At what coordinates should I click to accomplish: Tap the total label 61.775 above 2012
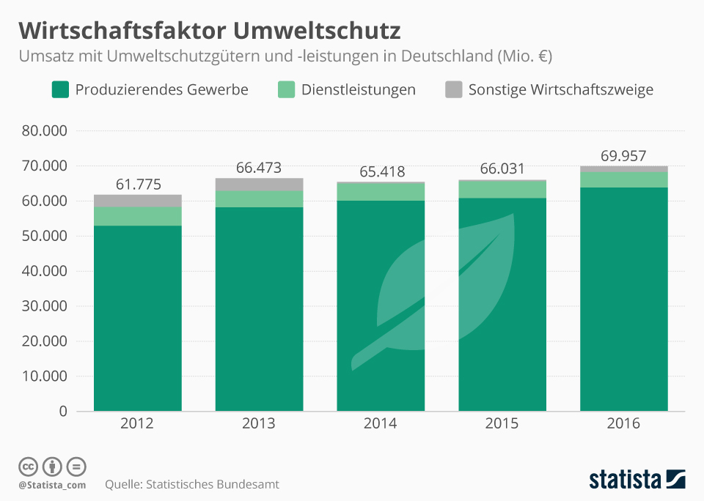pyautogui.click(x=138, y=185)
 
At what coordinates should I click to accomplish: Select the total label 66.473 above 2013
pyautogui.click(x=259, y=168)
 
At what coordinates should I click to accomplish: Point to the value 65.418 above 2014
pyautogui.click(x=381, y=172)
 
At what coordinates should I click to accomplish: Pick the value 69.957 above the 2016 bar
pyautogui.click(x=624, y=156)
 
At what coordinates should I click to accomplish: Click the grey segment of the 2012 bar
pyautogui.click(x=138, y=201)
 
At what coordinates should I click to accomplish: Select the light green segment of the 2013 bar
pyautogui.click(x=259, y=198)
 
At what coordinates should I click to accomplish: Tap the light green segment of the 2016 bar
pyautogui.click(x=624, y=179)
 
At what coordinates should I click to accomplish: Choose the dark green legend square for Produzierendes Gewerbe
pyautogui.click(x=59, y=90)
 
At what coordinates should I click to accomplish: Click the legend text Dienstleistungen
pyautogui.click(x=358, y=90)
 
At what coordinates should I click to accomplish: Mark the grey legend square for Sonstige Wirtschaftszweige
pyautogui.click(x=454, y=90)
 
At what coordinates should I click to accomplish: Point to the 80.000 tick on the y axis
pyautogui.click(x=45, y=132)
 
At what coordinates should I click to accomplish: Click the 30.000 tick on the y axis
pyautogui.click(x=45, y=306)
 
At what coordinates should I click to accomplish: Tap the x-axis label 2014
pyautogui.click(x=381, y=424)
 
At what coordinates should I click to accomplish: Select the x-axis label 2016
pyautogui.click(x=624, y=424)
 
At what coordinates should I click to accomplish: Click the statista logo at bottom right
pyautogui.click(x=637, y=480)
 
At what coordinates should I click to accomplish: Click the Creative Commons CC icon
pyautogui.click(x=28, y=467)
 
